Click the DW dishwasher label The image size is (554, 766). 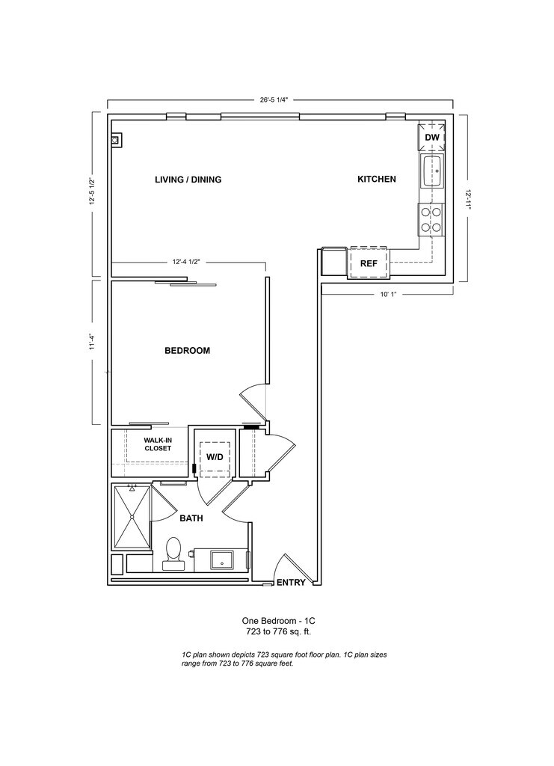pos(431,138)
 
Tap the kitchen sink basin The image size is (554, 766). pos(431,171)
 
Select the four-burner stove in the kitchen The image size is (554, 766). pos(431,219)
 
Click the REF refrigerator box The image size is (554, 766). pos(369,263)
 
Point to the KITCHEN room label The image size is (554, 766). pos(376,180)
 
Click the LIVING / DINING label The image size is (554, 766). pos(188,180)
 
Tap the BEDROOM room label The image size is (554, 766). pos(187,351)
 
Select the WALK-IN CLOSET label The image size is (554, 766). pos(158,444)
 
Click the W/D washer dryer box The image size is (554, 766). pos(215,456)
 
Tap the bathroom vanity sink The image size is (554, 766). pos(221,559)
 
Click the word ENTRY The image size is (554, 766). pos(291,583)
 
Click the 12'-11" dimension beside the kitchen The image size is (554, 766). pos(468,198)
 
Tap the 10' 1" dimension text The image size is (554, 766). pos(387,294)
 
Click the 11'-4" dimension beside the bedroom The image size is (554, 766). pos(93,342)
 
